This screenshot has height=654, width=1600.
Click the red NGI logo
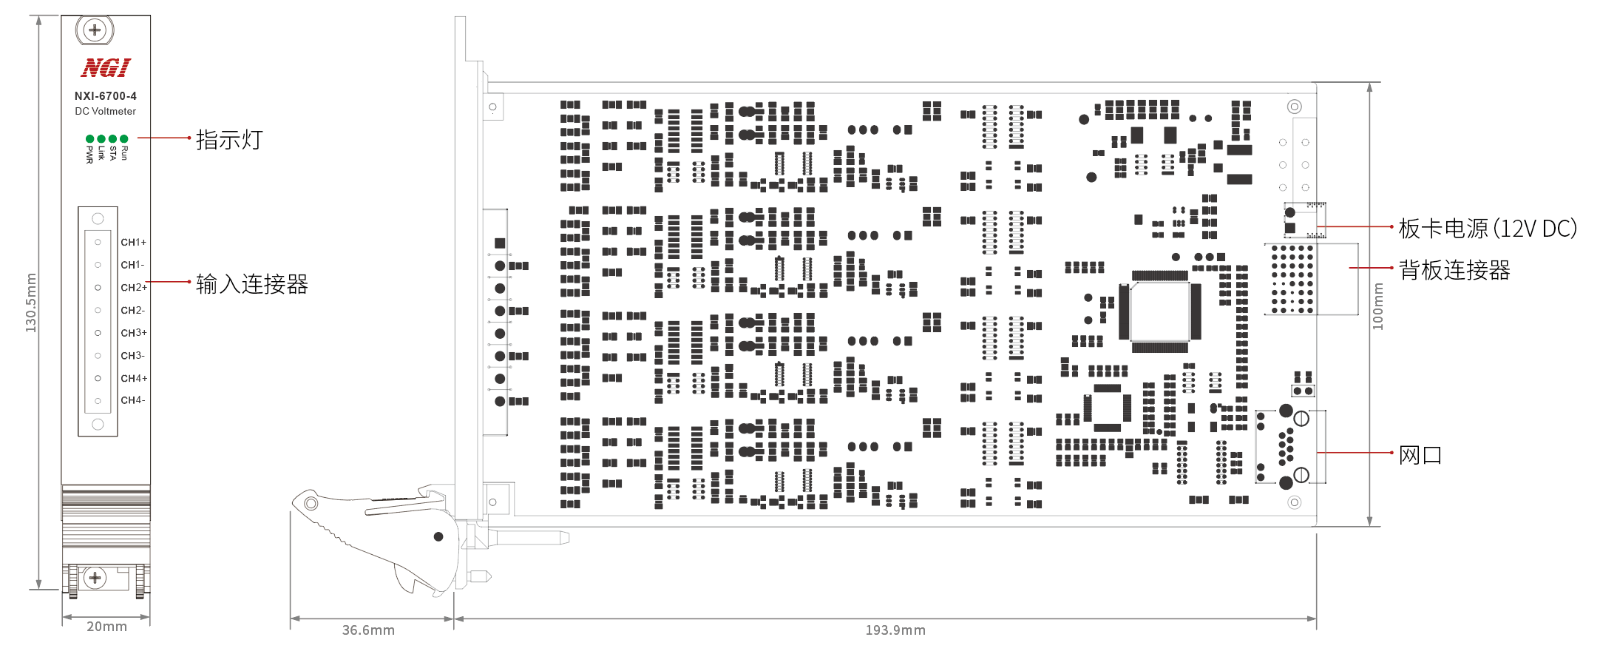pyautogui.click(x=106, y=68)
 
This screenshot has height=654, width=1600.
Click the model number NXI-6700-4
pyautogui.click(x=106, y=96)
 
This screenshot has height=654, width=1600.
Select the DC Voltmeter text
pyautogui.click(x=106, y=112)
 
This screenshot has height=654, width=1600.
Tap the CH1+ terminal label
pyautogui.click(x=134, y=243)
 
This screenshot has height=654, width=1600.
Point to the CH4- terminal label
pyautogui.click(x=133, y=400)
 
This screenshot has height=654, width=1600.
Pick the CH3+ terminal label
pyautogui.click(x=134, y=333)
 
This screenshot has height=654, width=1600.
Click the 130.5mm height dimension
pyautogui.click(x=31, y=303)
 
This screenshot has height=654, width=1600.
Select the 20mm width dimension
pyautogui.click(x=106, y=627)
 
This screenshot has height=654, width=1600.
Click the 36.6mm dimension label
pyautogui.click(x=368, y=630)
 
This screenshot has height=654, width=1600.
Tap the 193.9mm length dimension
pyautogui.click(x=895, y=630)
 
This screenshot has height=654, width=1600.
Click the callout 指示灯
pyautogui.click(x=229, y=140)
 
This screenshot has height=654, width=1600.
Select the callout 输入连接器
pyautogui.click(x=251, y=284)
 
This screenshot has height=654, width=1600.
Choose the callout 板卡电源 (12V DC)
pyautogui.click(x=1488, y=229)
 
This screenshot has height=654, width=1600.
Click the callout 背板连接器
pyautogui.click(x=1454, y=270)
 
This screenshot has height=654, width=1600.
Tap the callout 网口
pyautogui.click(x=1420, y=455)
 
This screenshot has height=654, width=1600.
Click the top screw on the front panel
pyautogui.click(x=95, y=30)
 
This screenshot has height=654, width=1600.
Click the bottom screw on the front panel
pyautogui.click(x=95, y=578)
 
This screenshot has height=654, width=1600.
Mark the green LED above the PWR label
pyautogui.click(x=90, y=138)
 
